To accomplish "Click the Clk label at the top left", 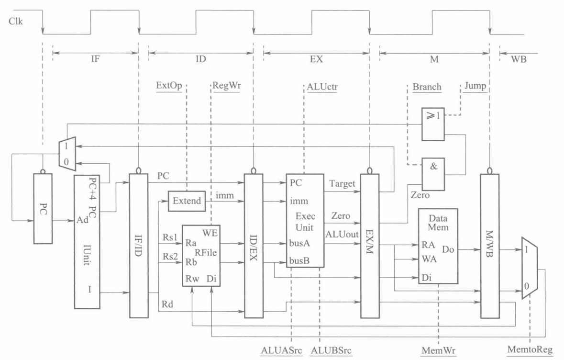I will pos(16,22).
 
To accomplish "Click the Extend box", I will pos(186,200).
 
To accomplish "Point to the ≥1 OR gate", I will pos(432,124).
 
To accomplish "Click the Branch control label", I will pos(427,87).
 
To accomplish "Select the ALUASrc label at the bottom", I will pos(282,350).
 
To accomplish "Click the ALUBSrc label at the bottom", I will pos(331,350).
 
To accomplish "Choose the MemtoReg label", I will pos(530,350).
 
